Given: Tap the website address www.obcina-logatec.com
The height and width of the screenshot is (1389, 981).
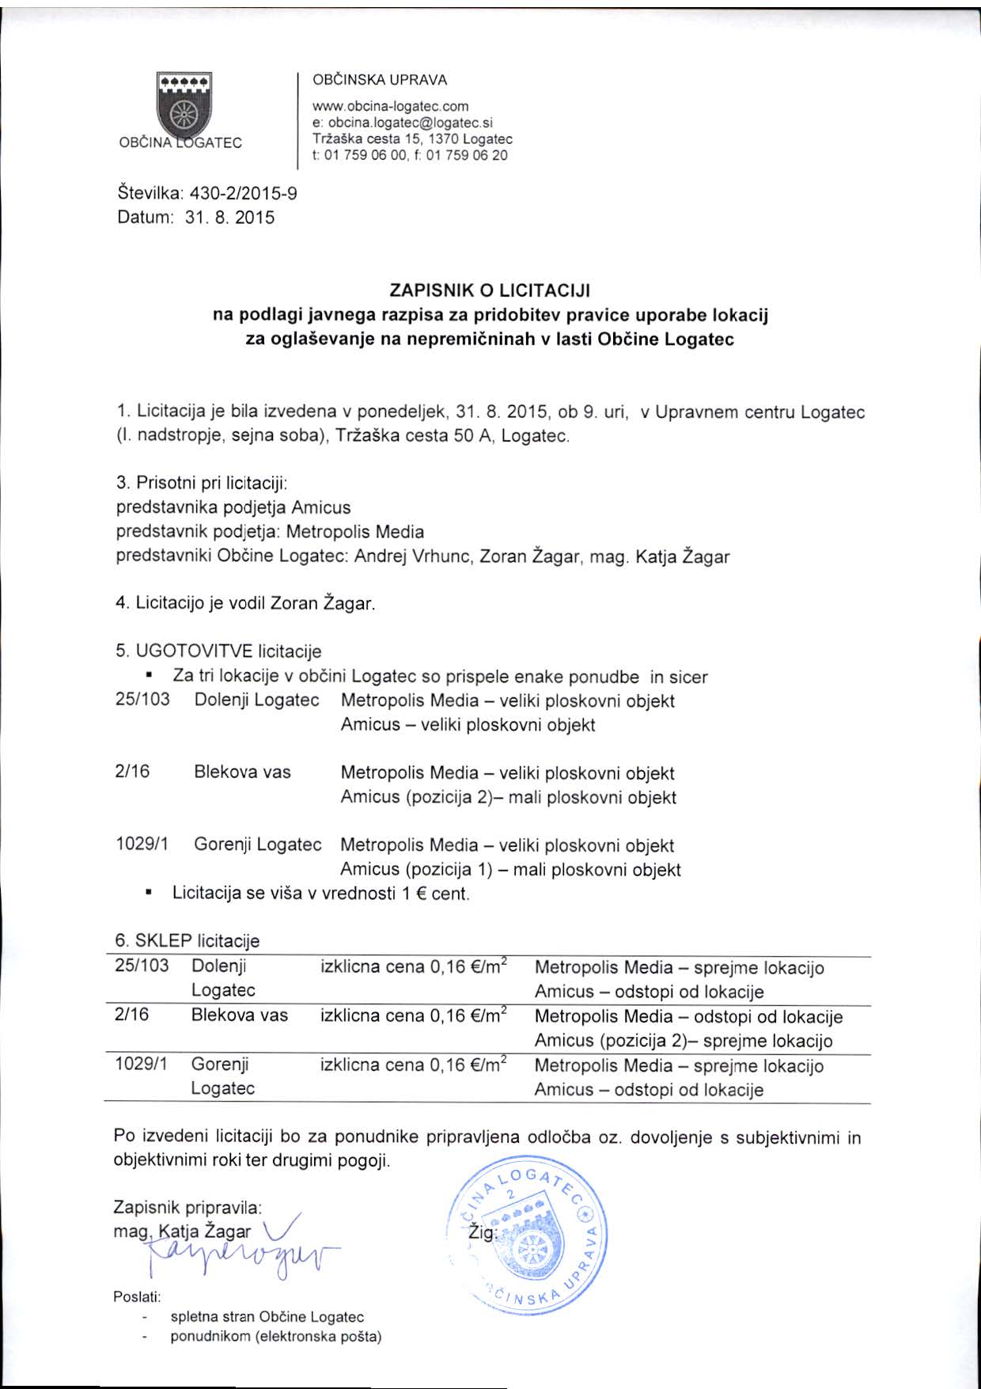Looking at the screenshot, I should coord(391,106).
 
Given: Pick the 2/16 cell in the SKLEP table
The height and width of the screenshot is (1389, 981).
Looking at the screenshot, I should coord(132,1015).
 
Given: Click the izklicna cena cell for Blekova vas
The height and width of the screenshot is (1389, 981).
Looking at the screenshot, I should coord(413,1016).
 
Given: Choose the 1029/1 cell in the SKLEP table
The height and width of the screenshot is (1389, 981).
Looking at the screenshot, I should coord(142,1065).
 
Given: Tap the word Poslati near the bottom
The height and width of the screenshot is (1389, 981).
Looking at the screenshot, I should coord(137,1297).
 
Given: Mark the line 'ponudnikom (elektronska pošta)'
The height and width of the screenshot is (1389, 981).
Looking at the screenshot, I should coord(276,1337).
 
